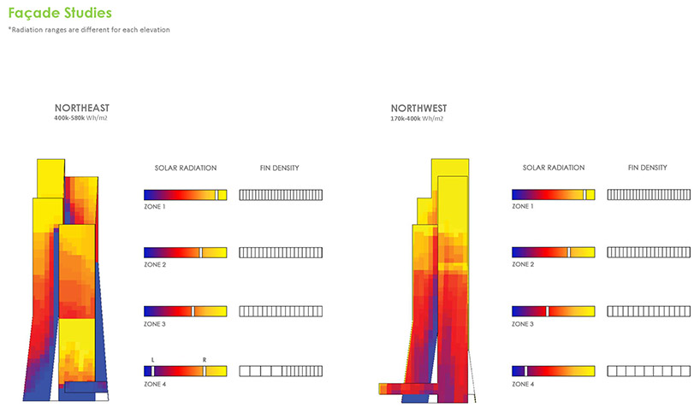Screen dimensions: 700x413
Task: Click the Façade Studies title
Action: tap(60, 13)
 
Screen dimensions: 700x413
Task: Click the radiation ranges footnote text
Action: tap(89, 30)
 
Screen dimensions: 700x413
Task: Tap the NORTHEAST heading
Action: tap(81, 108)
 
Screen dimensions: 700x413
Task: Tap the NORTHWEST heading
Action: tap(418, 109)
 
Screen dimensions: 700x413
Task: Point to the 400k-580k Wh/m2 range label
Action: tap(80, 118)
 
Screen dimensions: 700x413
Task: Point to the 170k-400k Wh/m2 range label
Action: tap(417, 119)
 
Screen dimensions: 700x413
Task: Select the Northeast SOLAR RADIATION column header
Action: tap(186, 168)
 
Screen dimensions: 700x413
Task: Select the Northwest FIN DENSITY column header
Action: tap(647, 168)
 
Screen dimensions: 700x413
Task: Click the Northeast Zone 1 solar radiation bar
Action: tap(185, 195)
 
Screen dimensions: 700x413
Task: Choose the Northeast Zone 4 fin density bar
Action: tap(281, 371)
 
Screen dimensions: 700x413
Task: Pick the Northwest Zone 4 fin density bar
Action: tap(649, 371)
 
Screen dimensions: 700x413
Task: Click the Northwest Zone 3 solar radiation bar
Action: tap(553, 311)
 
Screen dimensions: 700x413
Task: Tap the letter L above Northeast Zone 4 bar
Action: tap(152, 360)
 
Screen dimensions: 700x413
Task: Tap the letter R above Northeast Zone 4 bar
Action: tap(205, 360)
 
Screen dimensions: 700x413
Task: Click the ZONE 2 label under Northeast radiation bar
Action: tap(155, 265)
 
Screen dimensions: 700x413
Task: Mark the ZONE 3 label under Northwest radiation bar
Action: tap(523, 324)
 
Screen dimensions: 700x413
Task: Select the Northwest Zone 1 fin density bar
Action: tap(649, 194)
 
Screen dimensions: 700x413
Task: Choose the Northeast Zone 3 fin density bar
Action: tap(281, 311)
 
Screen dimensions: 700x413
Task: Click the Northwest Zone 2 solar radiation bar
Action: tap(553, 252)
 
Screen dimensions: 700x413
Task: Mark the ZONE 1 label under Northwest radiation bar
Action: tap(523, 207)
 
